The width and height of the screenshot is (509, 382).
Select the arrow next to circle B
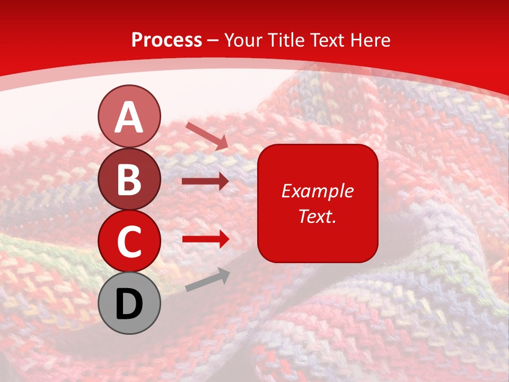[x=205, y=181]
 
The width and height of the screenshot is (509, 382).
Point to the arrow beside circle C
[x=205, y=239]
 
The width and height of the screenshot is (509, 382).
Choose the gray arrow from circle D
[x=207, y=280]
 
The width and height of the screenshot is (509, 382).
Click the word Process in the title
[x=166, y=40]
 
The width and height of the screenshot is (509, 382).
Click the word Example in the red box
[x=317, y=191]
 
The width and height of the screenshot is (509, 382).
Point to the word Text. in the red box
[x=317, y=216]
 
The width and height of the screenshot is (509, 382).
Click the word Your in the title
[x=243, y=40]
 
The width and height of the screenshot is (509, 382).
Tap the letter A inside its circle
[x=129, y=118]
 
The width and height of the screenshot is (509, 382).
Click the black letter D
[x=129, y=304]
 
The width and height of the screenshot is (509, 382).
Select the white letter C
[x=129, y=241]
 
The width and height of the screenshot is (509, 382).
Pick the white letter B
[x=129, y=179]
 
